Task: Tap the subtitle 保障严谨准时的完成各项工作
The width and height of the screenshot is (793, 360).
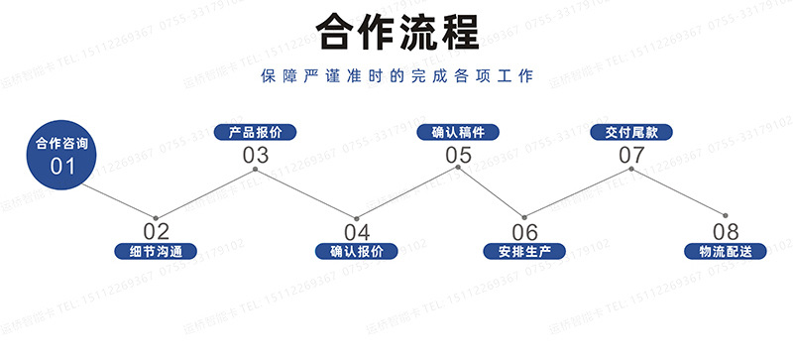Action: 396,76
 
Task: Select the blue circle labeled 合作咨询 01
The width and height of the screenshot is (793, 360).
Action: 62,154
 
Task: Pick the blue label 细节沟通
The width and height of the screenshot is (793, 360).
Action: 156,252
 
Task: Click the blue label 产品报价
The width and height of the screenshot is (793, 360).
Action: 256,132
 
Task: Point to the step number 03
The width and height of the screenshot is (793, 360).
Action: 256,155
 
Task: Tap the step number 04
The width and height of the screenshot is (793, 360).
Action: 357,232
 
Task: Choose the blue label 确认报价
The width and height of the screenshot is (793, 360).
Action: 357,252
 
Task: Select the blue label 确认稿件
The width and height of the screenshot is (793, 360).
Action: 458,132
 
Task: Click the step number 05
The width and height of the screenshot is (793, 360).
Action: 458,155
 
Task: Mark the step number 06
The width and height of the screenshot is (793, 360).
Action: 524,232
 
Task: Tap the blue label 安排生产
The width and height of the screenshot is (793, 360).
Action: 524,252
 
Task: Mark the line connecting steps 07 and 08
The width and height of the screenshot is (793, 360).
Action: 678,192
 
